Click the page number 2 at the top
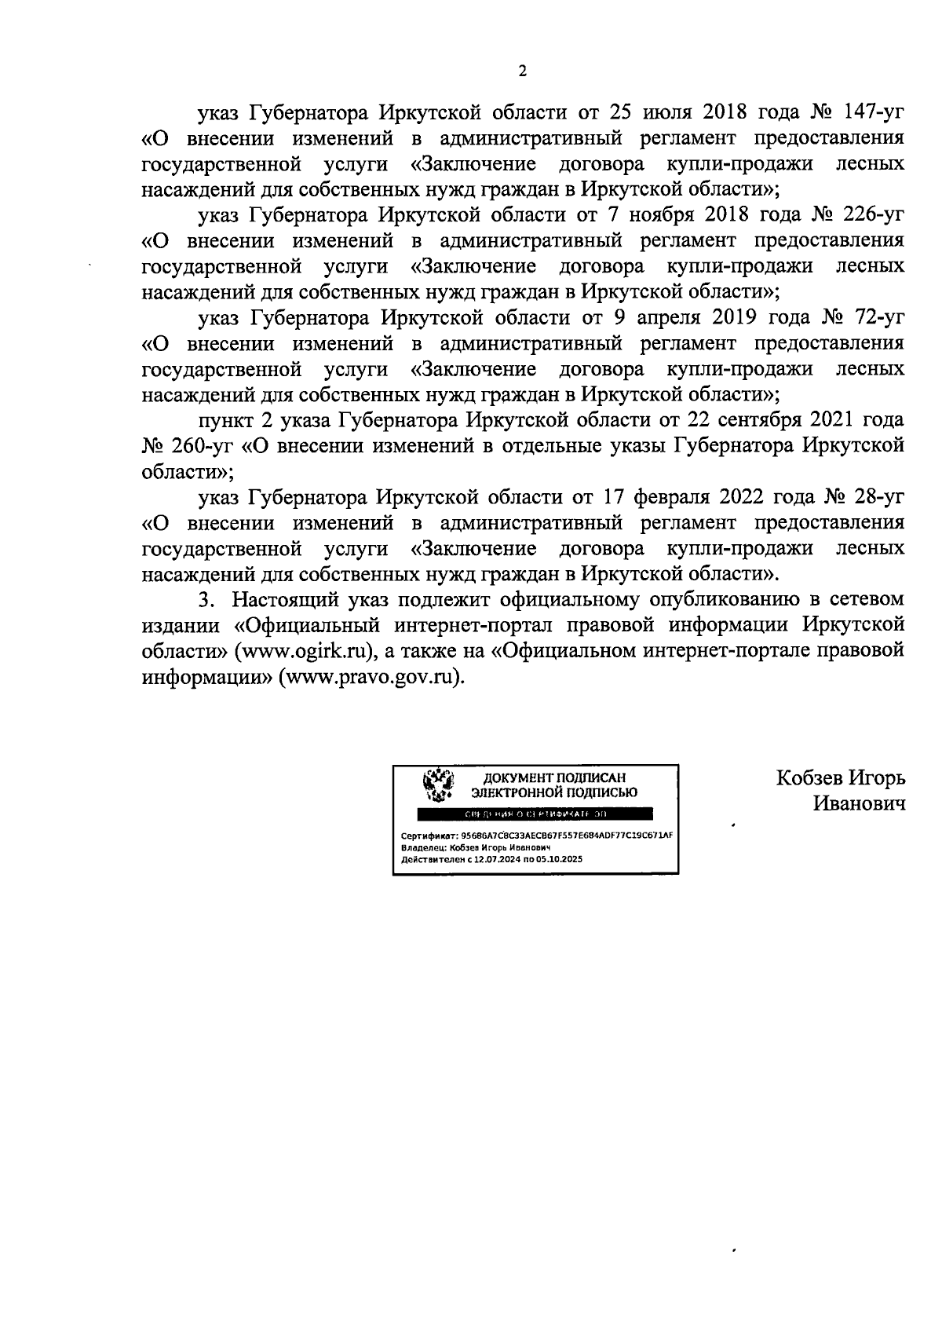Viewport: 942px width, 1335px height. click(x=523, y=71)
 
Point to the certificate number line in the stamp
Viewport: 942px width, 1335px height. click(x=537, y=835)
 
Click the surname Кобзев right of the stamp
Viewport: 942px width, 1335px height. click(x=809, y=778)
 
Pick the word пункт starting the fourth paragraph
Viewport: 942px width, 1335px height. click(x=226, y=420)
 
